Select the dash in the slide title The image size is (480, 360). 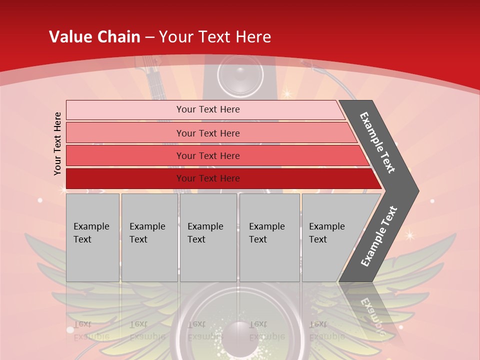(149, 37)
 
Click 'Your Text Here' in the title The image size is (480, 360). (215, 36)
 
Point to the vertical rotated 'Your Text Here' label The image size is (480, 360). (57, 143)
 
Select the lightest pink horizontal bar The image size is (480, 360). (205, 109)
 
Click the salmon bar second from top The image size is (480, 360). (210, 133)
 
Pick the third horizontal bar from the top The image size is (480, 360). (215, 155)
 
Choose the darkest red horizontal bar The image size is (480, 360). (220, 178)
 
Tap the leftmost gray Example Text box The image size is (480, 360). (92, 237)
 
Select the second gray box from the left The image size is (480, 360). (149, 237)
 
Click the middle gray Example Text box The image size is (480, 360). (208, 237)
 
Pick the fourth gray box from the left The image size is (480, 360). (269, 237)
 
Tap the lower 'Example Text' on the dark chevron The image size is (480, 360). (379, 236)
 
